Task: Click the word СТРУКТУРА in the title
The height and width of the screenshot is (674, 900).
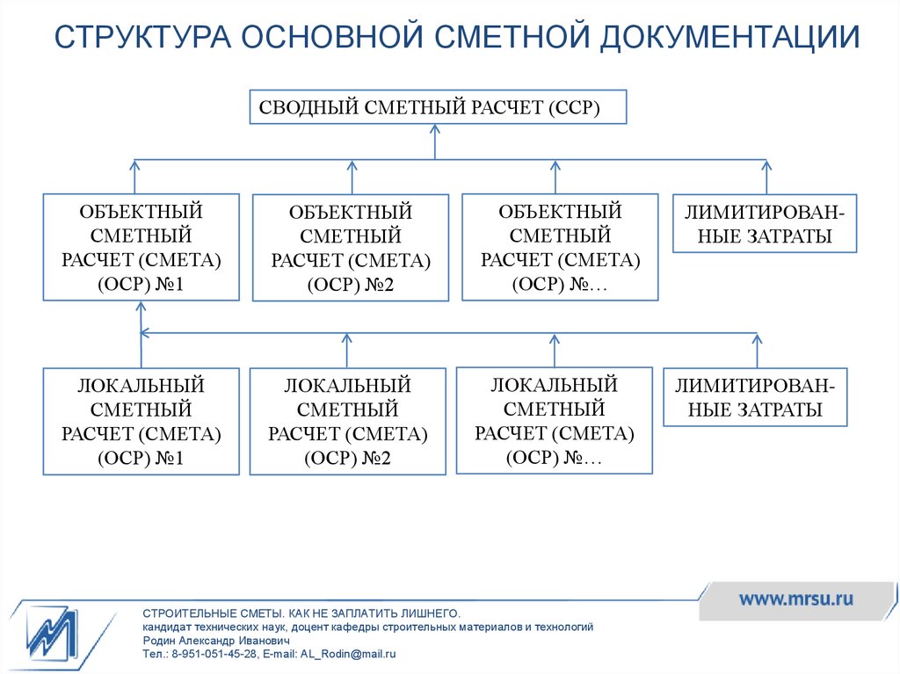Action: click(x=142, y=36)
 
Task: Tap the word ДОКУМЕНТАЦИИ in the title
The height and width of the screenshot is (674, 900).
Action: click(x=730, y=37)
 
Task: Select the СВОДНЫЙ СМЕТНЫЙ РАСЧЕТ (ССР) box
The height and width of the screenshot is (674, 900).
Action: click(x=438, y=107)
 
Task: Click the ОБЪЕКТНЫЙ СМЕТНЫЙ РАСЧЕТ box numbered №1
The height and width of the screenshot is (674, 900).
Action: click(x=142, y=247)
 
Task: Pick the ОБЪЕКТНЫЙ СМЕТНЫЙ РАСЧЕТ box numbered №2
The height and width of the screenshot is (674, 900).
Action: click(x=351, y=248)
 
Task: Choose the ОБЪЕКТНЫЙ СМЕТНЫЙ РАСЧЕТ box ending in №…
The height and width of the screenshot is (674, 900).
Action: click(x=560, y=247)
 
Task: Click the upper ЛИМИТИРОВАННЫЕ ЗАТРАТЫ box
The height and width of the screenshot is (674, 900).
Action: click(x=765, y=223)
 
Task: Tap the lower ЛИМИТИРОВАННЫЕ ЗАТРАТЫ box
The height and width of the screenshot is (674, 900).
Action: click(x=755, y=396)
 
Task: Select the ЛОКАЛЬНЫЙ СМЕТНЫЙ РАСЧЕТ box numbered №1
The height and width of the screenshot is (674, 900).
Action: click(x=142, y=422)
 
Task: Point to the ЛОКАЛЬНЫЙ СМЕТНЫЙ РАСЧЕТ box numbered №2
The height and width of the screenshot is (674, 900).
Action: click(x=348, y=422)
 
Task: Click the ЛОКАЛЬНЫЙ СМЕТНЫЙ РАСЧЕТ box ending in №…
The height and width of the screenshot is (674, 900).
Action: click(x=555, y=421)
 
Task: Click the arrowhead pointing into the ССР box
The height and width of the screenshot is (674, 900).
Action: click(x=435, y=129)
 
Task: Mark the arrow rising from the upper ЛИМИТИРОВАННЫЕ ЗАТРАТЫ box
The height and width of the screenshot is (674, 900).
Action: click(x=766, y=177)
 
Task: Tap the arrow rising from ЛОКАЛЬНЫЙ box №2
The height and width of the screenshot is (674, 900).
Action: click(x=346, y=351)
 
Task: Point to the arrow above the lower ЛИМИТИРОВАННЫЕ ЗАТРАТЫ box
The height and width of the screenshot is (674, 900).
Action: click(x=757, y=351)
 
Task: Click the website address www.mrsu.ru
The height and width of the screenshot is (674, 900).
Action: click(x=796, y=599)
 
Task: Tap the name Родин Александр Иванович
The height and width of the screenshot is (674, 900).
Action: click(x=216, y=641)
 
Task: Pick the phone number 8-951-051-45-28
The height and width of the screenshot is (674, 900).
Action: click(x=214, y=654)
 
